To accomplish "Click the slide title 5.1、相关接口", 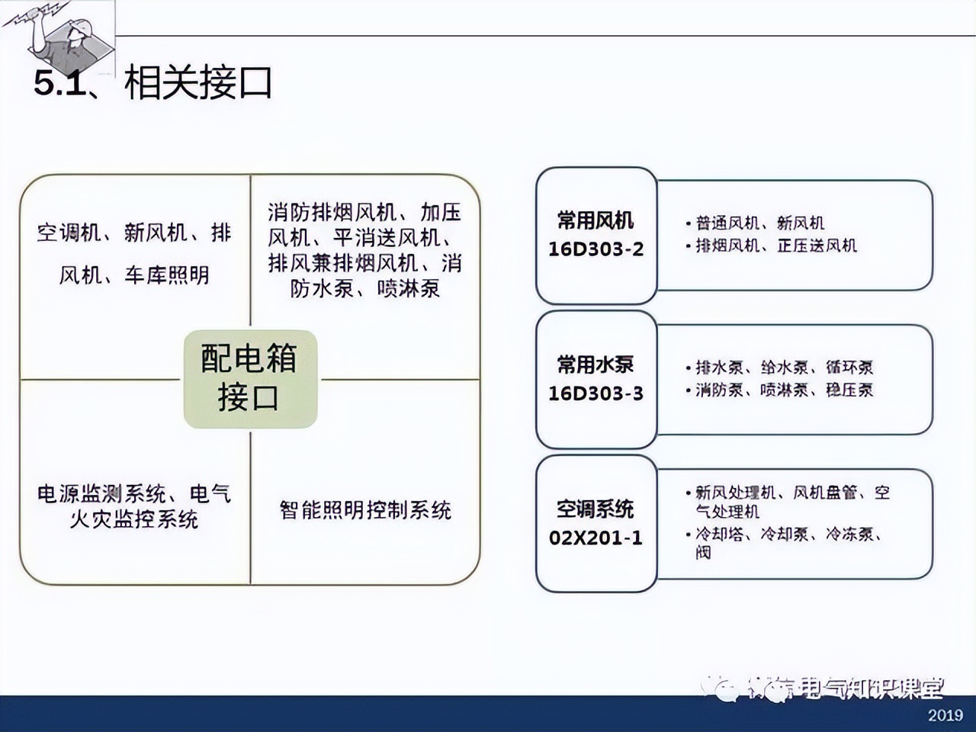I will pyautogui.click(x=153, y=82).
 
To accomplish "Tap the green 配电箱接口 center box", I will pyautogui.click(x=249, y=378).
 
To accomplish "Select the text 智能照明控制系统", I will pyautogui.click(x=365, y=510).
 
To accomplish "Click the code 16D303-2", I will pyautogui.click(x=596, y=249).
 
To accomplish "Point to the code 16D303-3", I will pyautogui.click(x=596, y=393).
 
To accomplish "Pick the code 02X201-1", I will pyautogui.click(x=596, y=538).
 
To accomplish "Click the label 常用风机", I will pyautogui.click(x=596, y=220).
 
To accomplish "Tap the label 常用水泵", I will pyautogui.click(x=596, y=364).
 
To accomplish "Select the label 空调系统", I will pyautogui.click(x=596, y=509).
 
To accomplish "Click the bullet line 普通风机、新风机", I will pyautogui.click(x=759, y=223).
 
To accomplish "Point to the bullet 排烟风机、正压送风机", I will pyautogui.click(x=775, y=246).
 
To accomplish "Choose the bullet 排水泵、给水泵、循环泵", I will pyautogui.click(x=784, y=368).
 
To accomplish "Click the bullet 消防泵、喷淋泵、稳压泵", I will pyautogui.click(x=784, y=390).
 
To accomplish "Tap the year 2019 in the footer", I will pyautogui.click(x=945, y=715).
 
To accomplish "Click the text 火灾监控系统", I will pyautogui.click(x=134, y=520).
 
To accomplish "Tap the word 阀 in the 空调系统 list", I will pyautogui.click(x=703, y=552).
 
